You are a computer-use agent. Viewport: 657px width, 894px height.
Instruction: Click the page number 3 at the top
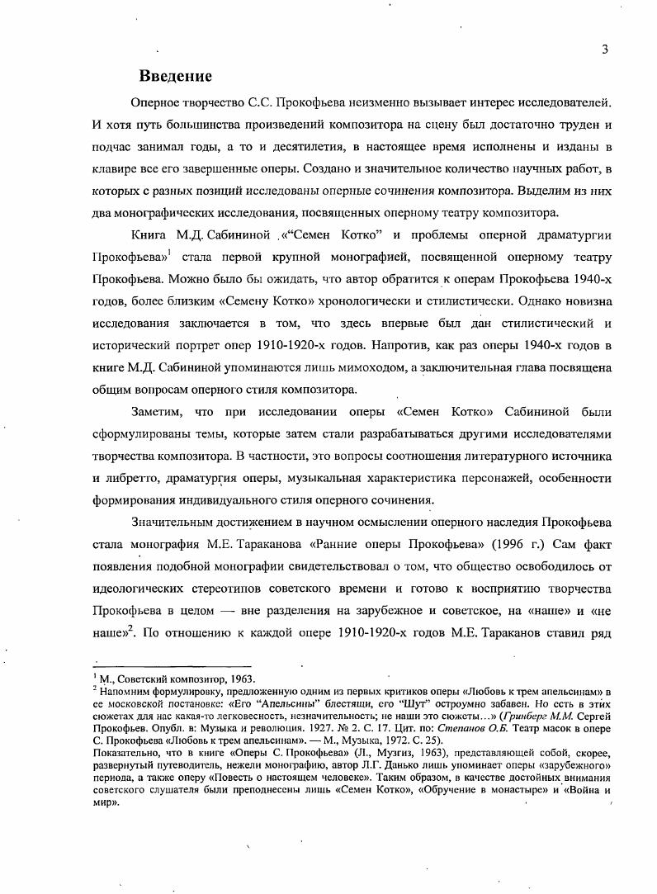pyautogui.click(x=605, y=49)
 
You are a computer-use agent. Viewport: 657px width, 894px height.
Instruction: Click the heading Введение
pyautogui.click(x=176, y=76)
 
